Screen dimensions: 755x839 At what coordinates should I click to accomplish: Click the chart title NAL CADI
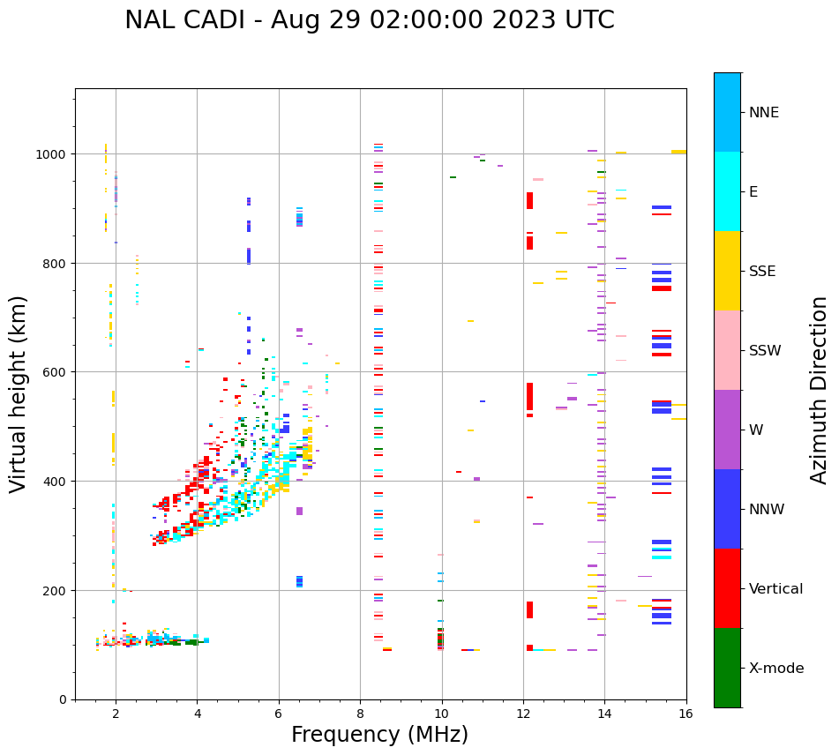click(369, 20)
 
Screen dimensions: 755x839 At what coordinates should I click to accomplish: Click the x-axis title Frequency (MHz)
click(379, 735)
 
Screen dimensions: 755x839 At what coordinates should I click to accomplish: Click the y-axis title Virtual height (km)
click(19, 393)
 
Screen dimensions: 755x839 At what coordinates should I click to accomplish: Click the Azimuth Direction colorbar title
click(820, 390)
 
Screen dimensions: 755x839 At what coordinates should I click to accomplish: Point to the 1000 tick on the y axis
click(56, 154)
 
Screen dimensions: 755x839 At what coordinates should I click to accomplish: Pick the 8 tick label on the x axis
click(360, 714)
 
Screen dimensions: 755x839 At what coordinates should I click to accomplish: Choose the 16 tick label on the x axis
click(685, 714)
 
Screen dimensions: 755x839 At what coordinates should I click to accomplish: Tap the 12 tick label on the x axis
click(523, 714)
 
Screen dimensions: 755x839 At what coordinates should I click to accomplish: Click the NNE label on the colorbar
click(764, 113)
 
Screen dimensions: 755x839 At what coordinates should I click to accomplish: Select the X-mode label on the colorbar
click(776, 669)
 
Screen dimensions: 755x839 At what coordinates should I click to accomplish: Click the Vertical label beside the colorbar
click(776, 589)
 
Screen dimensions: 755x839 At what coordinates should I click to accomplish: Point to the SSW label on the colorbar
click(765, 351)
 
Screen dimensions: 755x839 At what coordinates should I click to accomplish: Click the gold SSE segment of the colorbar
click(727, 271)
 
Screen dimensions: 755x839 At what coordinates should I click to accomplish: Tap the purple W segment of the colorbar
click(727, 430)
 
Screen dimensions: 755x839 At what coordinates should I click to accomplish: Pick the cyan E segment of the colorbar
click(727, 191)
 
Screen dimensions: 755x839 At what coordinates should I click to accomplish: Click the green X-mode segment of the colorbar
click(727, 668)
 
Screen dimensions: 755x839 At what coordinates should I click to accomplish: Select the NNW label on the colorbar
click(767, 510)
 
